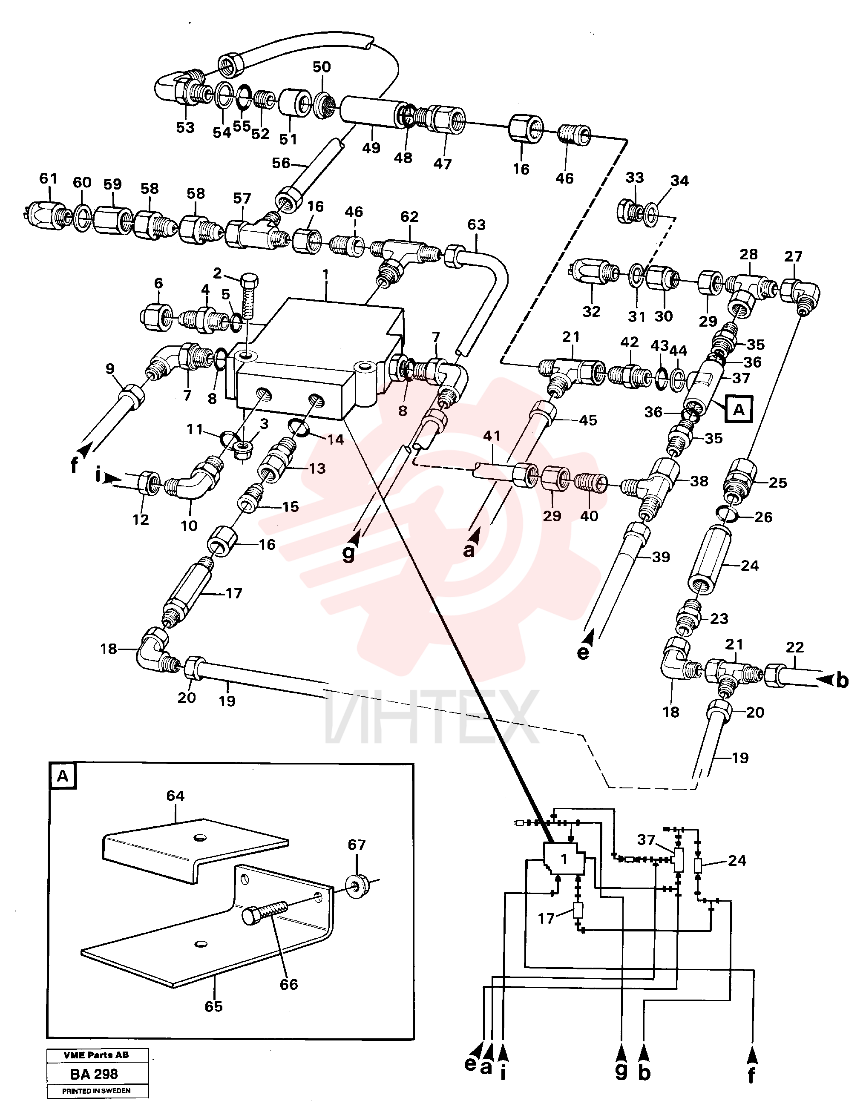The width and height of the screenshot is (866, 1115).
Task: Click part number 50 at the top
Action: coord(322,67)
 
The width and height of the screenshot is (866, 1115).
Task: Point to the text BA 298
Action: coord(94,1074)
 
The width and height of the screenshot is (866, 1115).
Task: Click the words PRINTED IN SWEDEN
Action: coord(97,1092)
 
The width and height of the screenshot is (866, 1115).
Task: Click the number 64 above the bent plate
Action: coord(175,796)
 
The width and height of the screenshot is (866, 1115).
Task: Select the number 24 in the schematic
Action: coord(737,861)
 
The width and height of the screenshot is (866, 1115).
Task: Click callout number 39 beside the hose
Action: coord(661,557)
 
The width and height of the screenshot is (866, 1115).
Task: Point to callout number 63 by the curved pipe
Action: coord(476,224)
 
